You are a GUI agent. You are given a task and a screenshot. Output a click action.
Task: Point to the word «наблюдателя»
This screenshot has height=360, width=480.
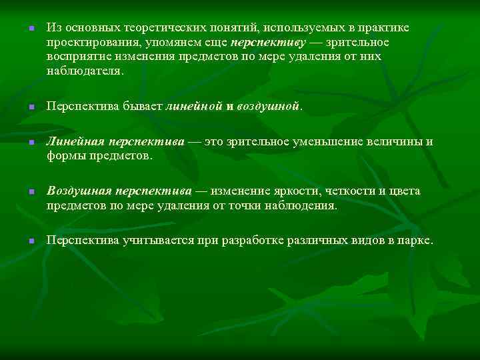coord(83,71)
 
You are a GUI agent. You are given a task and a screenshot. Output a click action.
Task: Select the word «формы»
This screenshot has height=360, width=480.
coord(64,157)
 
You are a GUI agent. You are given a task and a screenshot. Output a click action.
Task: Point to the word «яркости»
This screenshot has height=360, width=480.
coord(284,191)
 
